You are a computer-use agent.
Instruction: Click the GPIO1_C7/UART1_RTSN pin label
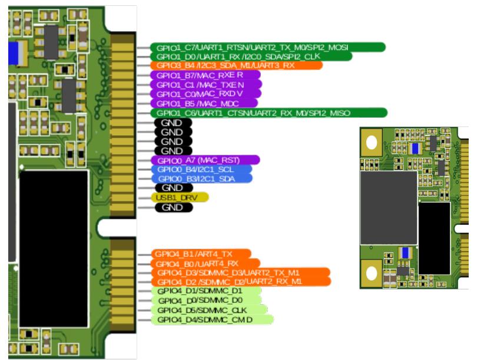pos(268,47)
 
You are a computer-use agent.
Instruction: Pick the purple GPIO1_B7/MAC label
pos(205,75)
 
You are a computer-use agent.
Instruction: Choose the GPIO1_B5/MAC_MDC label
pos(205,104)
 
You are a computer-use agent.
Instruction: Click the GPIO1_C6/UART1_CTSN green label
pos(268,113)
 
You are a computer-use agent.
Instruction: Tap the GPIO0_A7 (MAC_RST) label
pos(205,160)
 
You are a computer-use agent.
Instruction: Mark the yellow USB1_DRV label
pos(180,198)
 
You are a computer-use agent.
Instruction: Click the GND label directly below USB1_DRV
pos(173,208)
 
